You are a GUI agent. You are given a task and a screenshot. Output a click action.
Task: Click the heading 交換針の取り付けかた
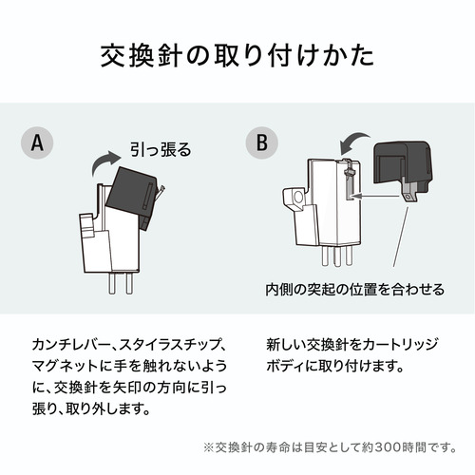click(237, 56)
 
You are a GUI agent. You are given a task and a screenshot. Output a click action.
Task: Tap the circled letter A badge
click(37, 142)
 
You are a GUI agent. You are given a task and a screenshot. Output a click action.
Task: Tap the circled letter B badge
click(262, 142)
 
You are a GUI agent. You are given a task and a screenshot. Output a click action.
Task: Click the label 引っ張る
click(161, 149)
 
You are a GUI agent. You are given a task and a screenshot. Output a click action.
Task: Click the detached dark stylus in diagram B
click(402, 168)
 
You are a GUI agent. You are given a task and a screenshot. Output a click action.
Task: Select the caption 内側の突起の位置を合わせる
click(355, 290)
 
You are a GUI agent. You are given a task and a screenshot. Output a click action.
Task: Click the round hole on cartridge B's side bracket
click(298, 198)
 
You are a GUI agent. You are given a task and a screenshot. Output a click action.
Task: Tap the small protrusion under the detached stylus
click(408, 198)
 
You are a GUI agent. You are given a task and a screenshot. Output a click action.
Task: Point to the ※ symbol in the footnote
click(209, 447)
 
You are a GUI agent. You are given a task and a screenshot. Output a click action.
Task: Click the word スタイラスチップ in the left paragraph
click(167, 345)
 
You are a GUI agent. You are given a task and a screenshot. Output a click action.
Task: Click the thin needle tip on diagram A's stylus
click(162, 189)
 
